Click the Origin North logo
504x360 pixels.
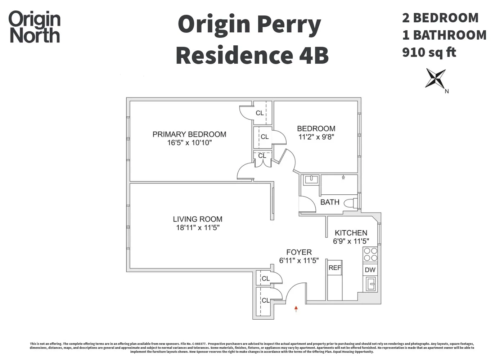(x=35, y=27)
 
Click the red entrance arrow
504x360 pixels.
(x=296, y=309)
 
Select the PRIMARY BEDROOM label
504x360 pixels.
(x=189, y=134)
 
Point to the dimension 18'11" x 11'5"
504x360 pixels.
(x=198, y=228)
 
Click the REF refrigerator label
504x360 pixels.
(x=334, y=268)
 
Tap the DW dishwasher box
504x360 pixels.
(x=370, y=270)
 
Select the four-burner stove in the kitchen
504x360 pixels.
(x=370, y=255)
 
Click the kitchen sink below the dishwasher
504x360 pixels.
(x=370, y=284)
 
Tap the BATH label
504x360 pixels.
(x=330, y=202)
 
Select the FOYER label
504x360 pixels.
(x=299, y=252)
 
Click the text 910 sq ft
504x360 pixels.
(x=429, y=52)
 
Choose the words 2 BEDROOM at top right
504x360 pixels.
(x=440, y=18)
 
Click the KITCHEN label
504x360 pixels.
(x=351, y=233)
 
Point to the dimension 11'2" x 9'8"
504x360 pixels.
(x=316, y=137)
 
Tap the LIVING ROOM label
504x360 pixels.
(x=198, y=219)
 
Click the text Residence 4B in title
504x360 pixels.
(x=252, y=55)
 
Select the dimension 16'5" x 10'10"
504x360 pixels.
(x=189, y=143)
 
